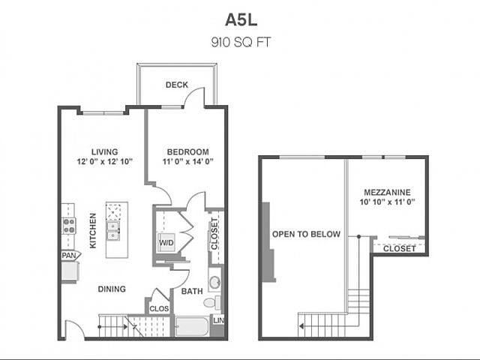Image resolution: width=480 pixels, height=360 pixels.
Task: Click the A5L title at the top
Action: coord(241,20)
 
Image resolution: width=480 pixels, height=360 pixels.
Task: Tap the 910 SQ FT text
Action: coord(241,42)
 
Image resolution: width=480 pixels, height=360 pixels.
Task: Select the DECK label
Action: coord(177,85)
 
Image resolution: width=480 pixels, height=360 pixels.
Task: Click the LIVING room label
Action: coord(105,151)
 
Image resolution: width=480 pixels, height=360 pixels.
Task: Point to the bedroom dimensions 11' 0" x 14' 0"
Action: coord(187,161)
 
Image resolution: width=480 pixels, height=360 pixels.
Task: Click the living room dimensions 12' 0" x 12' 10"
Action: coord(105,161)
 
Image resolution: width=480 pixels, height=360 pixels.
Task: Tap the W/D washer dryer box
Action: coord(166,243)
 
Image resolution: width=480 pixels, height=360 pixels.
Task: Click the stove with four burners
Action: coord(69,226)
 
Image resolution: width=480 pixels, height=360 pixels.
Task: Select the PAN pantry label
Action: coord(69,256)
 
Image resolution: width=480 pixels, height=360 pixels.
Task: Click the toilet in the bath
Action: coord(212,302)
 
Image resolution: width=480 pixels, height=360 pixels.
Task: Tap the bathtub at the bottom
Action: coord(192,326)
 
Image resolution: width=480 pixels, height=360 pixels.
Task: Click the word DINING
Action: coord(112,289)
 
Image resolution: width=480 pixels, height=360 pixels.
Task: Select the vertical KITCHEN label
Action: coord(93,230)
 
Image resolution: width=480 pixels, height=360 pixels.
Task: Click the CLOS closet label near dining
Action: coord(159,309)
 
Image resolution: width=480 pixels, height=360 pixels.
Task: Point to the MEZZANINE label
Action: coord(387,192)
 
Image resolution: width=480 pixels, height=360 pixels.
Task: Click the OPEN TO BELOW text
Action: coord(307,234)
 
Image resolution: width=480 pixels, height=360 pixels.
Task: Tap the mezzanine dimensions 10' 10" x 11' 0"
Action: coord(387,202)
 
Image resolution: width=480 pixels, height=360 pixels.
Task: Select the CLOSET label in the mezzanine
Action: coord(400,248)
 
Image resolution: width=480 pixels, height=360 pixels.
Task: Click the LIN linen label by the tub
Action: coord(219,320)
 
